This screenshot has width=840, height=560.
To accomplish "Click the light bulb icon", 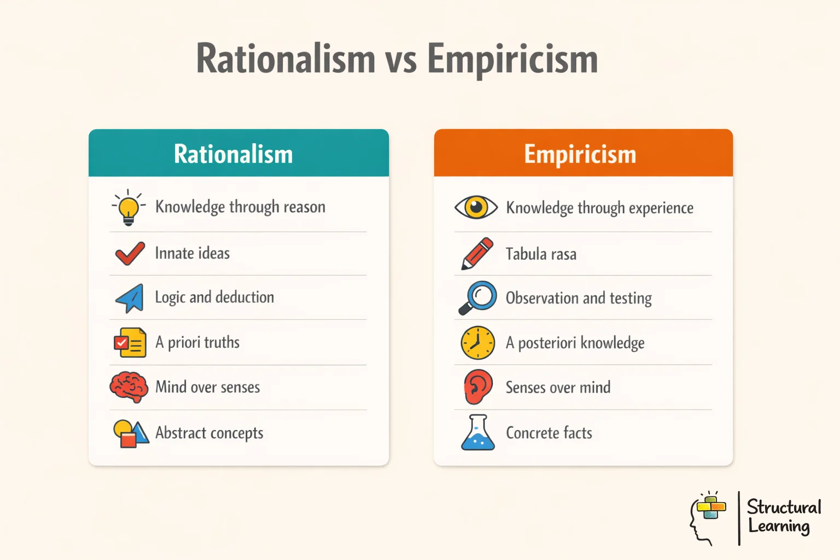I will [129, 208].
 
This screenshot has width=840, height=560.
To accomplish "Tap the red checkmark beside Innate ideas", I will [130, 253].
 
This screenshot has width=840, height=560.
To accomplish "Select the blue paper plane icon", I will [130, 298].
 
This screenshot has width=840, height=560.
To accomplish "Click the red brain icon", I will [129, 387].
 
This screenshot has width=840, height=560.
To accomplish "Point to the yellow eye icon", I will [476, 207].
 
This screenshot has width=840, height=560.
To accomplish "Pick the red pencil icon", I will [477, 253].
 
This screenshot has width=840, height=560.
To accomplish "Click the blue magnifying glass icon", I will [477, 298].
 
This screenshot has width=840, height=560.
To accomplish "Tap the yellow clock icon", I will [477, 343].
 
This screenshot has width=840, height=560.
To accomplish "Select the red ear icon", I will [477, 387].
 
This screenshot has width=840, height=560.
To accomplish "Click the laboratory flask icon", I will [477, 433].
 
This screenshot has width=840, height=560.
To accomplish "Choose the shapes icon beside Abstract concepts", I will [130, 434].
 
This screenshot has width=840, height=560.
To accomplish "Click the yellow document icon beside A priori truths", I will [130, 343].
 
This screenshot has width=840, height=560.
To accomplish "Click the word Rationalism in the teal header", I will [234, 154].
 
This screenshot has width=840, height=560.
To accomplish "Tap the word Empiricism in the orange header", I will [580, 154].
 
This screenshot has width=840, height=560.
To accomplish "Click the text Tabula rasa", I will [541, 254].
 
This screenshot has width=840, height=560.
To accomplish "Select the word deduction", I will [245, 297].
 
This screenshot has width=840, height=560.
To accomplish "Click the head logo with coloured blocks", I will [708, 517].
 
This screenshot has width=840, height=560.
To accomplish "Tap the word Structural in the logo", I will [784, 507].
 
